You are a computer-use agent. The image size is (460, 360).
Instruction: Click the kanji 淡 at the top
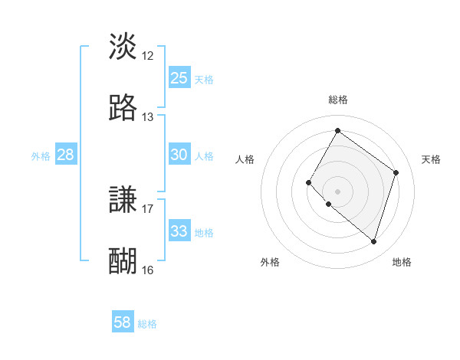coord(123,47)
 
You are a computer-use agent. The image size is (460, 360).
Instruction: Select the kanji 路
coord(123,108)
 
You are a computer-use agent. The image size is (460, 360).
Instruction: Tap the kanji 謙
coord(123,200)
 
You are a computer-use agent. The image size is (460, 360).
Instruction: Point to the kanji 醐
coord(123,261)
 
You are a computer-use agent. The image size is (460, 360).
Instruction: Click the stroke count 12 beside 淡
coord(148,56)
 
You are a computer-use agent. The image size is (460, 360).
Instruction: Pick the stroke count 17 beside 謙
coord(148,208)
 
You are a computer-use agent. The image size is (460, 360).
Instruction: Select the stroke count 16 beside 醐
coord(148,270)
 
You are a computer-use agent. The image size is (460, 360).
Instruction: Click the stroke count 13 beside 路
coord(148,117)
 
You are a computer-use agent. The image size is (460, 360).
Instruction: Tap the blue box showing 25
coord(179,78)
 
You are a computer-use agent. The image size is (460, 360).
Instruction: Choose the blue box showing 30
coord(179,155)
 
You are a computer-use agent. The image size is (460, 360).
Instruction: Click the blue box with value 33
coord(179,231)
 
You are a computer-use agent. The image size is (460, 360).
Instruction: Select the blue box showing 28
coord(66,155)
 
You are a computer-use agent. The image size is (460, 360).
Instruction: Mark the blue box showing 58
coord(123,322)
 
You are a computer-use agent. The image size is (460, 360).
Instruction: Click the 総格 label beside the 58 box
coord(147,324)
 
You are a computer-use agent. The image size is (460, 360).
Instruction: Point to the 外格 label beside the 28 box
coord(41,156)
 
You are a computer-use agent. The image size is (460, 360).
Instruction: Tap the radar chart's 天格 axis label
coord(431,159)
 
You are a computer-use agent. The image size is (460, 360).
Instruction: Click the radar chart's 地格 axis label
coord(402,262)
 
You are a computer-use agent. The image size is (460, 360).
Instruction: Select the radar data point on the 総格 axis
coord(337,131)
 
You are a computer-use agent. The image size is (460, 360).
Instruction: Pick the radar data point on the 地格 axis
coord(373,241)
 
